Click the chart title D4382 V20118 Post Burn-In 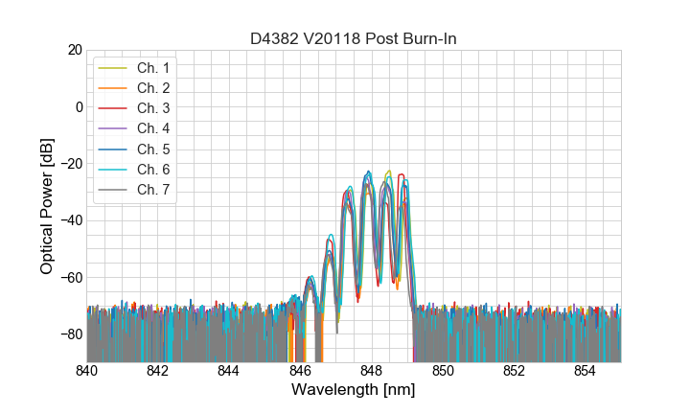point(354,38)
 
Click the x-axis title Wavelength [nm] point(354,390)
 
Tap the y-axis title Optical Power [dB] point(47,206)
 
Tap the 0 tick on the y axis point(79,106)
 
